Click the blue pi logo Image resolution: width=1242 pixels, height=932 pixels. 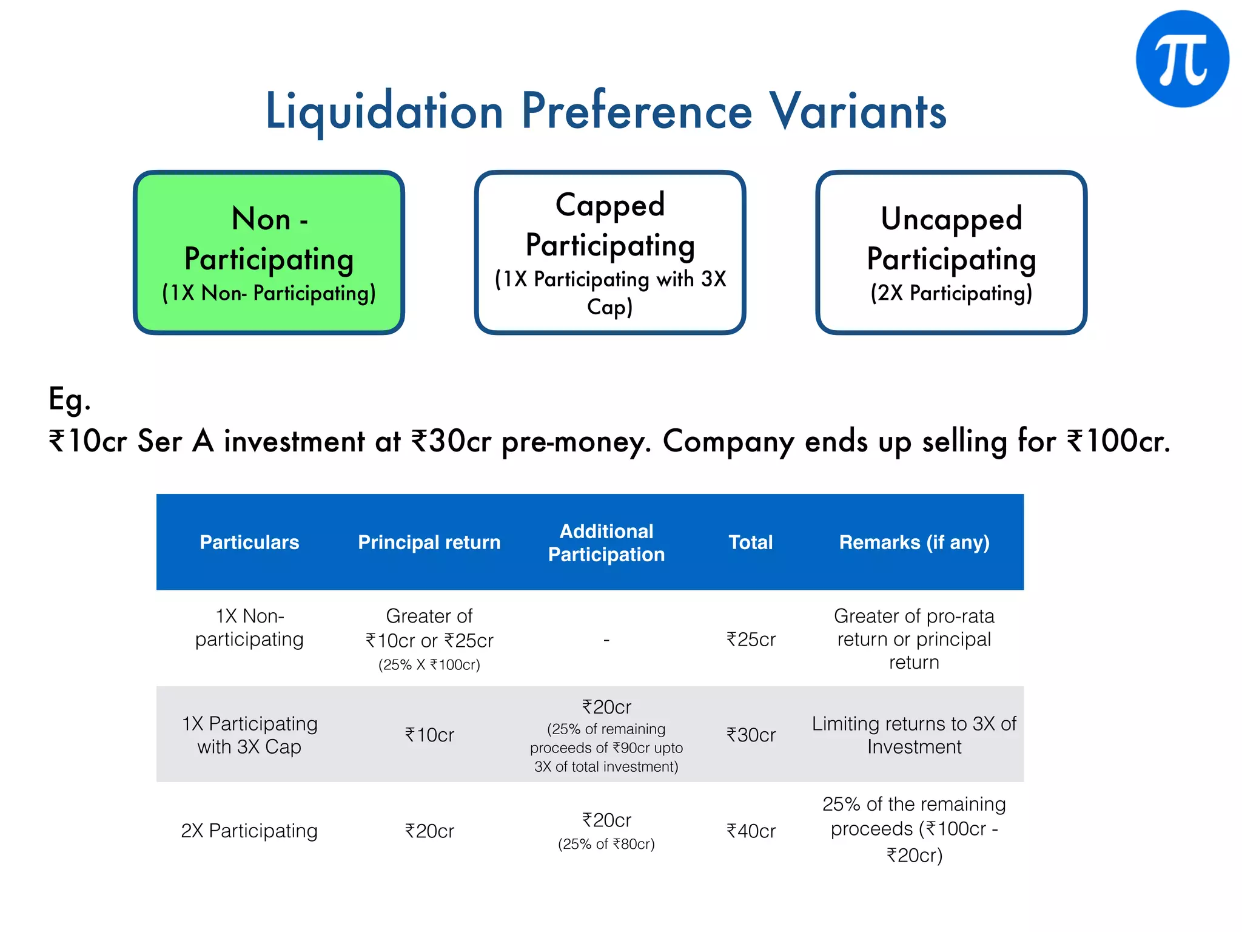(1182, 59)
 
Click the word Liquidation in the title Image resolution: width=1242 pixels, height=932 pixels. (384, 112)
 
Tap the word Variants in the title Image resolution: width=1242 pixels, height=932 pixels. (858, 112)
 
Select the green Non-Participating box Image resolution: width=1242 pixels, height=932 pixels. (269, 252)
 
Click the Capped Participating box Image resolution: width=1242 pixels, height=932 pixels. (610, 252)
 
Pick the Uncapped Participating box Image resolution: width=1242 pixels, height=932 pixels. (951, 252)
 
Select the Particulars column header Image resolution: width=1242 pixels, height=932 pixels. (249, 542)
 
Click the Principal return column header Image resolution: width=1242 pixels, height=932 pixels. (429, 542)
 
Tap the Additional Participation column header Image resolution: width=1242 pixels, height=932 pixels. (606, 542)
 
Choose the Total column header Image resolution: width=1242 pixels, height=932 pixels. (751, 542)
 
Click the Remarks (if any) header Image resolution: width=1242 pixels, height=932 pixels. (914, 542)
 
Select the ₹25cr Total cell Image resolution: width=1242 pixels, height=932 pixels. (751, 639)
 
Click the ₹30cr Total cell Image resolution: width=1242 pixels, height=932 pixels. (751, 735)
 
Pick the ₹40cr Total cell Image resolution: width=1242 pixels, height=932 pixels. (751, 831)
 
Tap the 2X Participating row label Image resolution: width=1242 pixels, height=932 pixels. (249, 831)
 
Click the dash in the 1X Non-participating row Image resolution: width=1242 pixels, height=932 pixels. (606, 640)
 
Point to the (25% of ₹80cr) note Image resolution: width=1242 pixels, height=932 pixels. (606, 844)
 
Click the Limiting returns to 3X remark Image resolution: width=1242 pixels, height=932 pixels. (914, 735)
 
